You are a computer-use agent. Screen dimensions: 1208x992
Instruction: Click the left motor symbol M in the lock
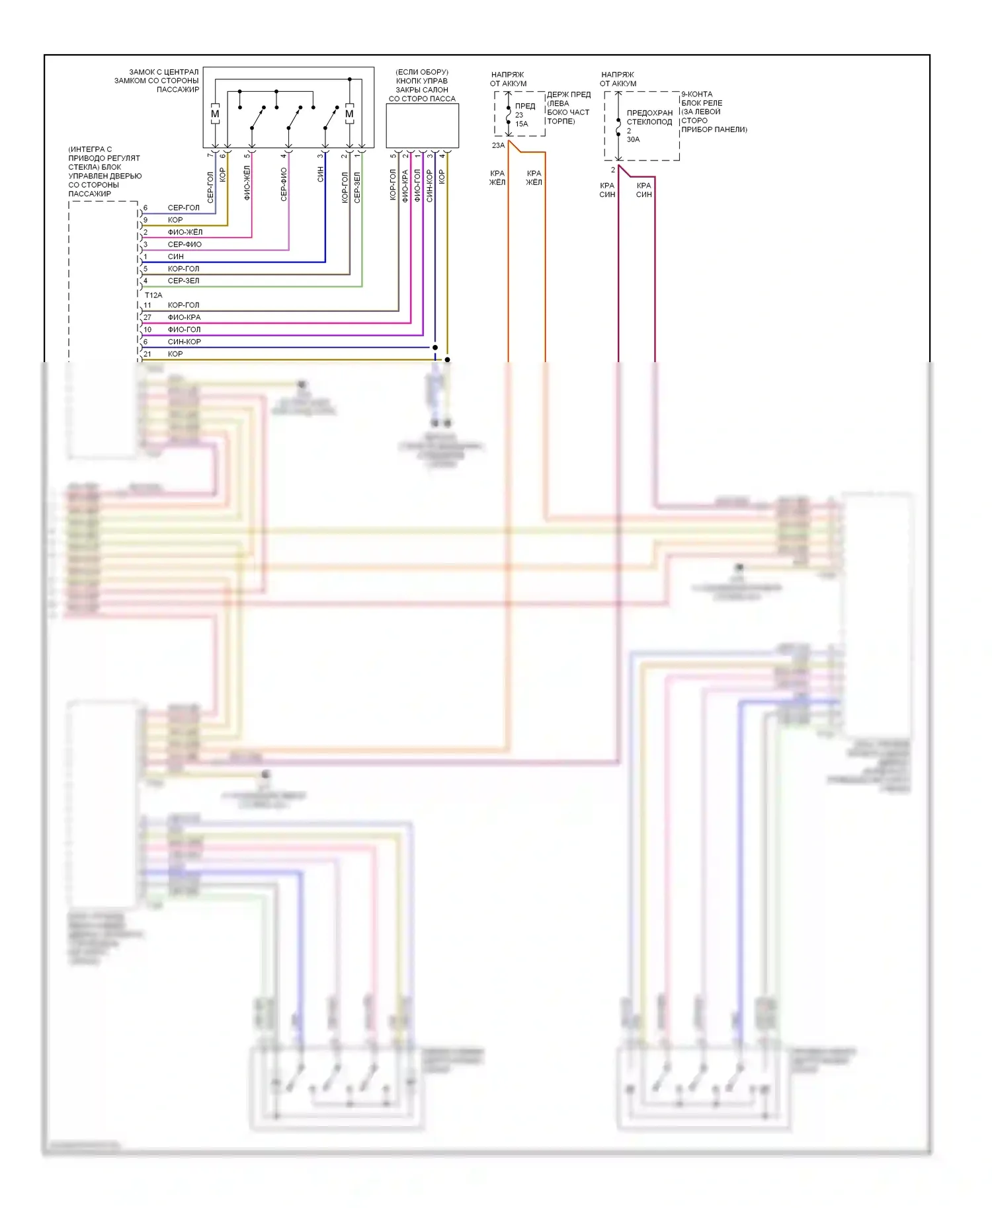(x=215, y=114)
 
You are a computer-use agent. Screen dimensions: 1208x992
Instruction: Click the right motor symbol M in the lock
(x=349, y=114)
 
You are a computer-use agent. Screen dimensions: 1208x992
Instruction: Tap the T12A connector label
(x=153, y=295)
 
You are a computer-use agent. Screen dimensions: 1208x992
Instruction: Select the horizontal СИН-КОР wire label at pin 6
(x=184, y=342)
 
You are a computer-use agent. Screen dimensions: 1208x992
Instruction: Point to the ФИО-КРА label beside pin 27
(x=184, y=317)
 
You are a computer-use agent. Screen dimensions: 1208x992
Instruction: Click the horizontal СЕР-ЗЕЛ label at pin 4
(x=183, y=281)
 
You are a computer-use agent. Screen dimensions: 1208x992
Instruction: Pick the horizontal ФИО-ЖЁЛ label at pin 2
(x=185, y=232)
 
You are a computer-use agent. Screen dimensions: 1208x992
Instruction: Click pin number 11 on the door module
(x=147, y=305)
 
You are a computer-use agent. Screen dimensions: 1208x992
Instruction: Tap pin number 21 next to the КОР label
(x=147, y=354)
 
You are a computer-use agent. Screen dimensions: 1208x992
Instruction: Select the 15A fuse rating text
(x=522, y=124)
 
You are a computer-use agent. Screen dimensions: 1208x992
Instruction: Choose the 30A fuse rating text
(x=633, y=139)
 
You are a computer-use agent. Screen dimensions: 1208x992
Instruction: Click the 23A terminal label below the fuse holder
(x=498, y=145)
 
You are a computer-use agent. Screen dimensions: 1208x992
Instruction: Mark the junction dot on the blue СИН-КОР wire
(x=435, y=348)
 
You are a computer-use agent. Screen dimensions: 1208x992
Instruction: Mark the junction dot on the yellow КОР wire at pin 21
(x=448, y=359)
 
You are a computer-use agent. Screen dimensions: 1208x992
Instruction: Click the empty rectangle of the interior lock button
(x=422, y=126)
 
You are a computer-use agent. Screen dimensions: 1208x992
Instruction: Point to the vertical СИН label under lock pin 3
(x=321, y=174)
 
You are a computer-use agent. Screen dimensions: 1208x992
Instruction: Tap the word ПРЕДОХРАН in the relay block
(x=649, y=113)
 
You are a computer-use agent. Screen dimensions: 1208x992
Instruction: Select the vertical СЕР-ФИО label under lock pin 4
(x=284, y=184)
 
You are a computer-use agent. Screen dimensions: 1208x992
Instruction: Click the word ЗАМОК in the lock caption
(x=142, y=72)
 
